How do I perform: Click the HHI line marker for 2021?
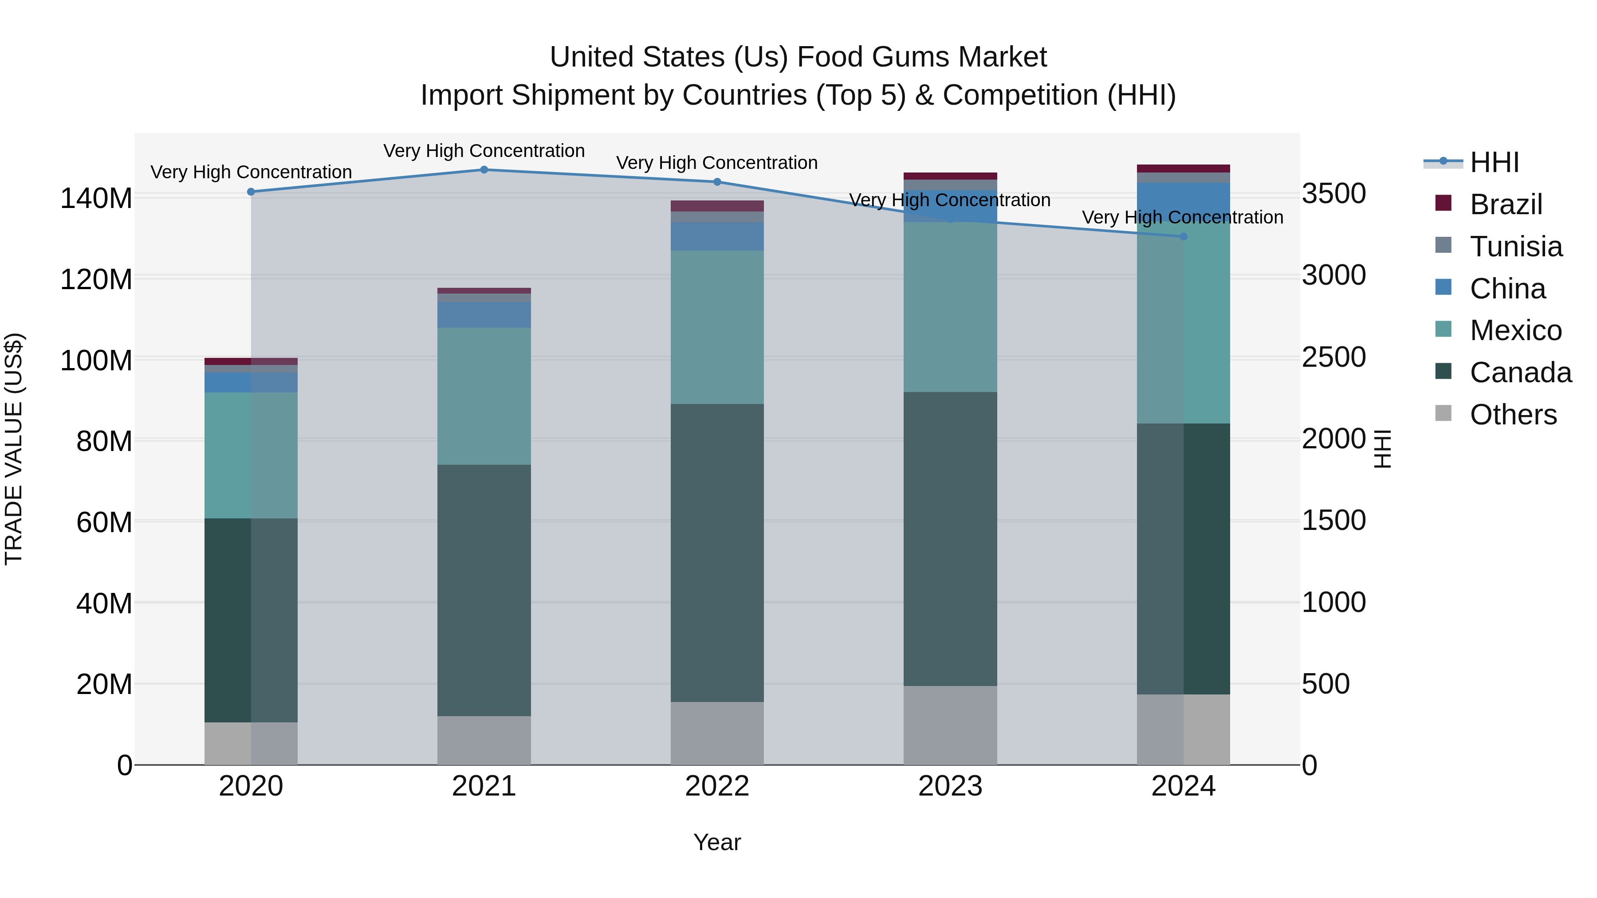(484, 170)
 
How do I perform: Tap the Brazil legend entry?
(1506, 204)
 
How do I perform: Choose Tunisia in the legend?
(1516, 247)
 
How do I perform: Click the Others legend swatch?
(1443, 413)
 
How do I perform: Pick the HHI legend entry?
(1494, 162)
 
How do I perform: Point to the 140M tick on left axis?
(96, 199)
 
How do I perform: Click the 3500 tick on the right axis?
(1333, 193)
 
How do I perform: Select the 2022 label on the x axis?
(717, 786)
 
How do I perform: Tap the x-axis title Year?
(717, 842)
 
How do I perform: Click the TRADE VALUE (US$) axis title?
(14, 449)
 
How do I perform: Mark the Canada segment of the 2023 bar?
(950, 539)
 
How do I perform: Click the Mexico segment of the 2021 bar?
(484, 396)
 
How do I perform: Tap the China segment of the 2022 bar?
(717, 237)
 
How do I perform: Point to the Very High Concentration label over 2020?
(251, 173)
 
